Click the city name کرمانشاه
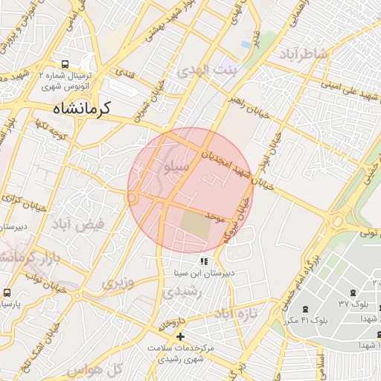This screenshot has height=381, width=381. (81, 109)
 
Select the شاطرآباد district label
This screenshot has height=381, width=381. (304, 54)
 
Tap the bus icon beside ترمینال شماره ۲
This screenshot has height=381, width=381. (66, 65)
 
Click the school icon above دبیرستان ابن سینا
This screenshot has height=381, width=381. (203, 262)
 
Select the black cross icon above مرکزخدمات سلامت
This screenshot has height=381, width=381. (180, 337)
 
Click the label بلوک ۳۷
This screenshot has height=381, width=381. (353, 304)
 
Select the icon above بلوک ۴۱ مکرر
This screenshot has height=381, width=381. (304, 309)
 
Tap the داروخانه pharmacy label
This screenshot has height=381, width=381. (171, 324)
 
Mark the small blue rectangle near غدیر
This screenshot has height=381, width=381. (246, 45)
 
